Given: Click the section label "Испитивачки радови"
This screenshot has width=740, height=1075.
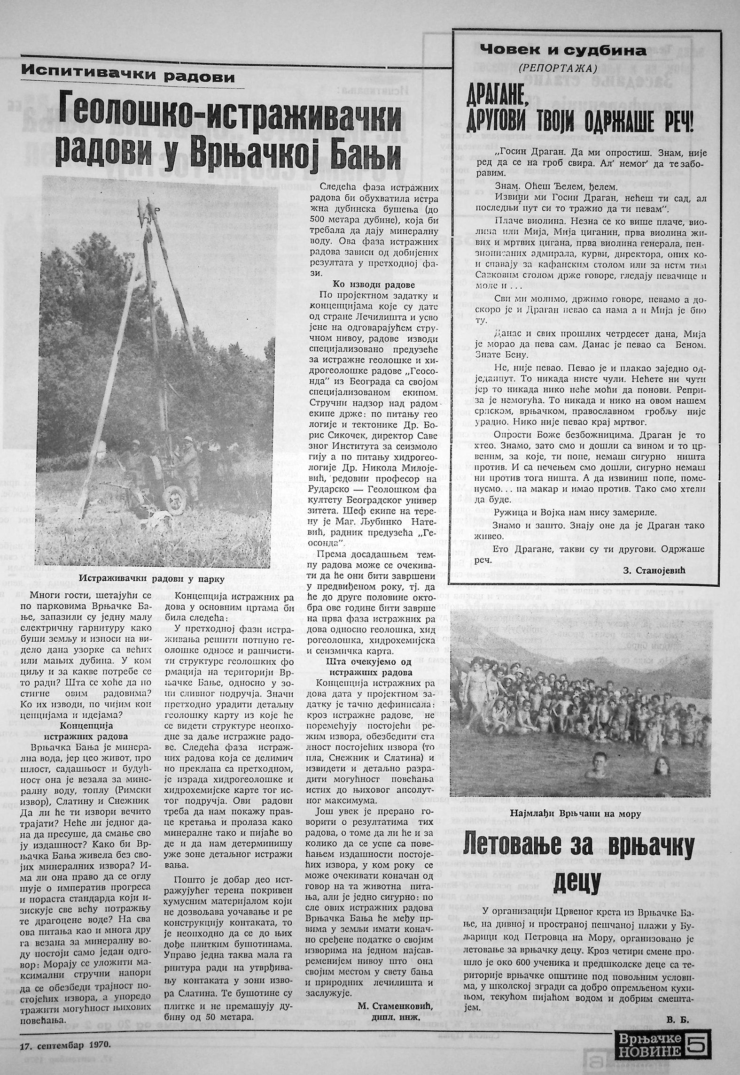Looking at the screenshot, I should [128, 76].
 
